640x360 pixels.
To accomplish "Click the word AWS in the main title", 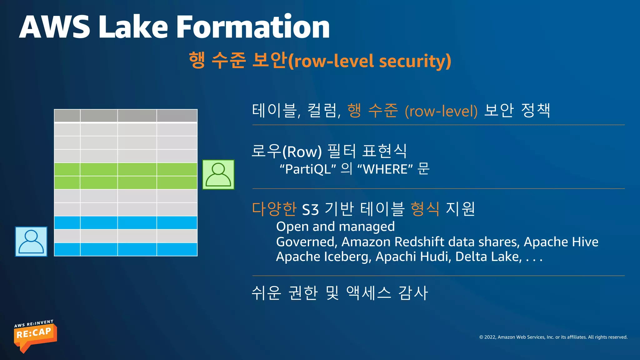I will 55,27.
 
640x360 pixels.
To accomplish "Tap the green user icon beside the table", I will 218,175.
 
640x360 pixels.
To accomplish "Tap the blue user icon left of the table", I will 31,242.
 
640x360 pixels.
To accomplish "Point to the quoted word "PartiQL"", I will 307,169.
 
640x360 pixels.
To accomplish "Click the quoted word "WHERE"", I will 385,169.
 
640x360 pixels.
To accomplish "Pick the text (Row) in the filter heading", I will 302,152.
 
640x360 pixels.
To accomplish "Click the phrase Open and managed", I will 335,227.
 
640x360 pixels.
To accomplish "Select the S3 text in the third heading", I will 310,210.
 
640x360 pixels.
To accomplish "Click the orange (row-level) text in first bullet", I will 441,111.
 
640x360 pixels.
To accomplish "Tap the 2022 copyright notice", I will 553,337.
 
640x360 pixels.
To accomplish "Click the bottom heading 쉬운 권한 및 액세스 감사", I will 339,293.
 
